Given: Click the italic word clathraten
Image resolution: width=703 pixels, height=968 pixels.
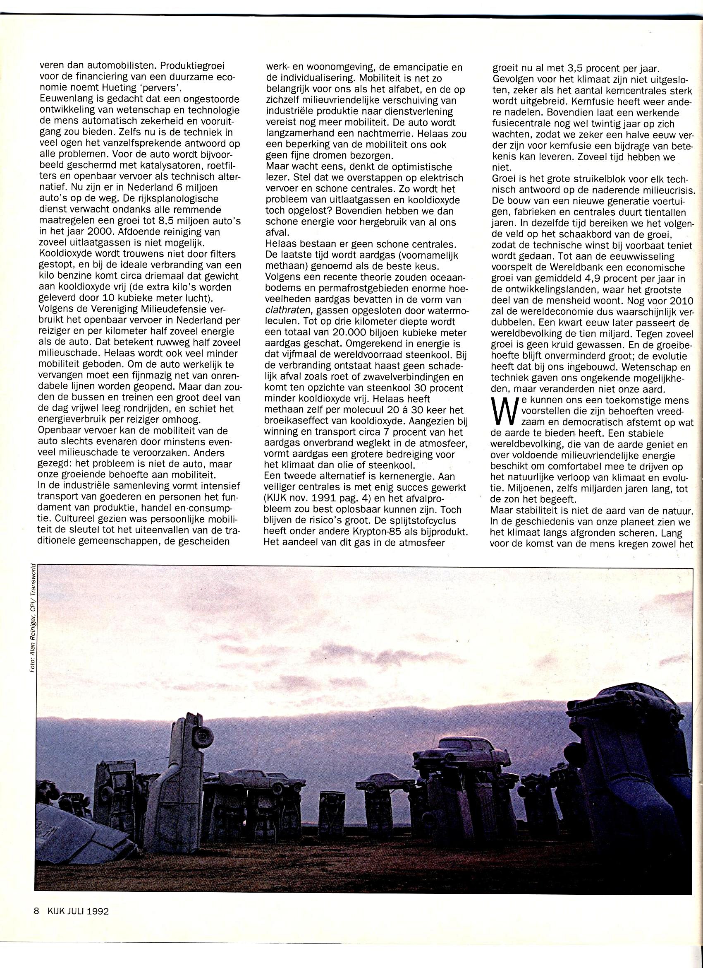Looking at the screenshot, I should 286,310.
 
